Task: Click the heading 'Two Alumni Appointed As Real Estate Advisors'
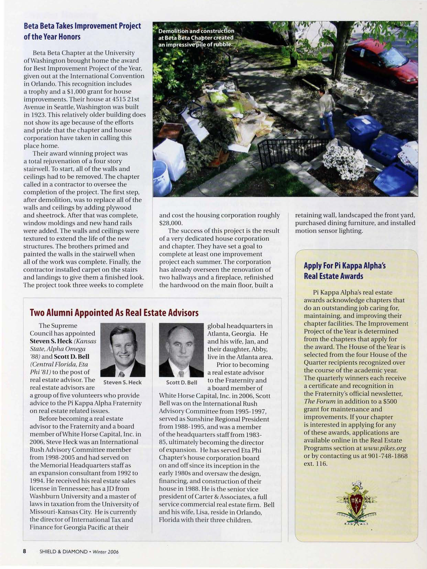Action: point(114,312)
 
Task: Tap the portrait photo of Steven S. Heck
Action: point(123,350)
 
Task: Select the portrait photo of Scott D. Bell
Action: point(181,350)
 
